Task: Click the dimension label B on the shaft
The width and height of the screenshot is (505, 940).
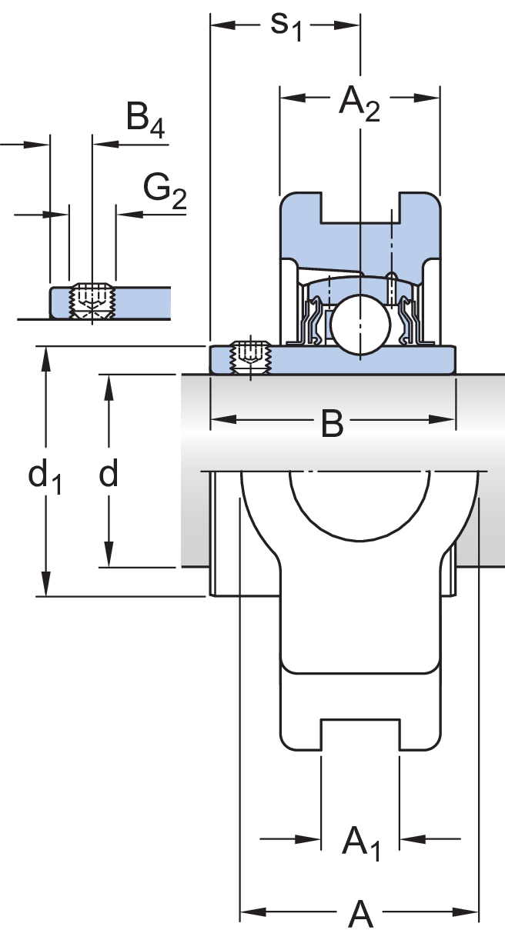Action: coord(332,423)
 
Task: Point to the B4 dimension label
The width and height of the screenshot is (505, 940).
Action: coord(145,121)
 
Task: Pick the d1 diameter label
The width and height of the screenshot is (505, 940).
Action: coord(45,478)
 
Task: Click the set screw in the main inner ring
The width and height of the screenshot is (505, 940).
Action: coord(250,356)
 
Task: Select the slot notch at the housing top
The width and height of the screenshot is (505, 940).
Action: coord(360,209)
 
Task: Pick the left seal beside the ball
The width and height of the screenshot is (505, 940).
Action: coord(315,322)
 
